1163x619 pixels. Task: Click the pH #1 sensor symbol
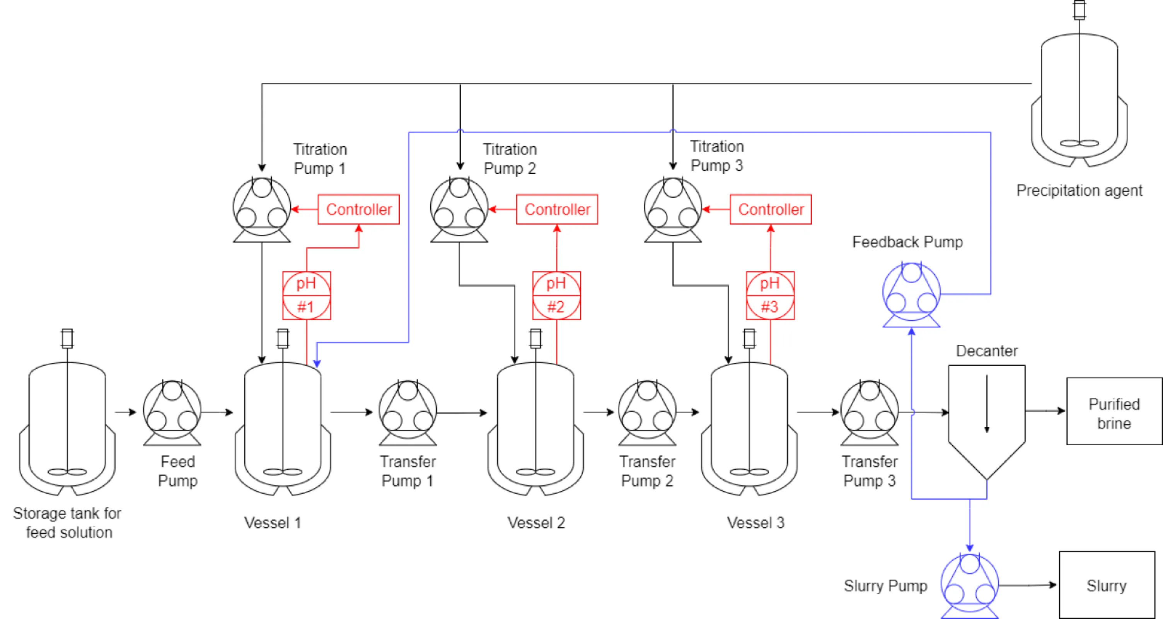[x=307, y=296]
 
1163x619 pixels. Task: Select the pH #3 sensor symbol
[x=770, y=296]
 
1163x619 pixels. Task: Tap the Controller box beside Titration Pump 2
[x=557, y=209]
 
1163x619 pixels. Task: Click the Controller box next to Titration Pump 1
[x=358, y=209]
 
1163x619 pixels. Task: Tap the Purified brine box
[x=1114, y=411]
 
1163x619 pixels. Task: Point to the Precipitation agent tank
[x=1079, y=99]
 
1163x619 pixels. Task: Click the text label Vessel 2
[x=536, y=523]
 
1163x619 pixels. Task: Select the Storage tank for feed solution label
[x=68, y=523]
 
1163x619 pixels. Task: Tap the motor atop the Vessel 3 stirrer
[x=749, y=338]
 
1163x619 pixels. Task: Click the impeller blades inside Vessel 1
[x=283, y=472]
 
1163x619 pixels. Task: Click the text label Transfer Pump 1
[x=408, y=471]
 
